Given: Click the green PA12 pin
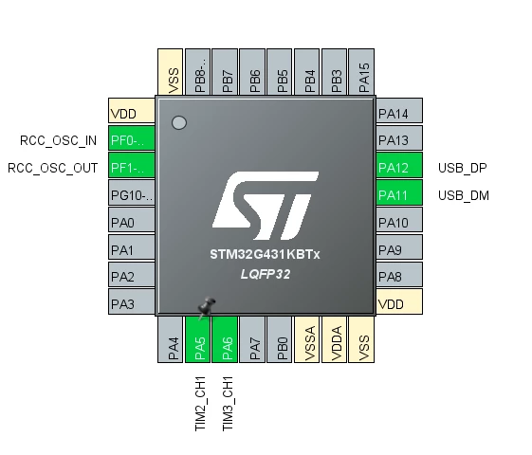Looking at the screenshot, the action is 399,165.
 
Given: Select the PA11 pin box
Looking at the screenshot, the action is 399,192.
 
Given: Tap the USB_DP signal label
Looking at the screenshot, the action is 463,168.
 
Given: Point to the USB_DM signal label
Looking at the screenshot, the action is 464,195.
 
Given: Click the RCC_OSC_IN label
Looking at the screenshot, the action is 59,140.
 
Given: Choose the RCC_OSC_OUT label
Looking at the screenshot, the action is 52,168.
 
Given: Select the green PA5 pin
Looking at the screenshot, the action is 197,339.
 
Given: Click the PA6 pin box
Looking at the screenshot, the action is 225,339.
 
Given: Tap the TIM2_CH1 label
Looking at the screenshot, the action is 200,404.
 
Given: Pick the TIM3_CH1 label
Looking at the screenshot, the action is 228,404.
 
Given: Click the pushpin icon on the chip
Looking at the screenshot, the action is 207,307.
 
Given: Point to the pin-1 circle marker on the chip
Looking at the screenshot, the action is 179,122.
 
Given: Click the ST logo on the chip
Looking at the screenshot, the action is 266,206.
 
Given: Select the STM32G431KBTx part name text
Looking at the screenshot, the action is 265,254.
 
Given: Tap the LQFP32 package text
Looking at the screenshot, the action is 266,274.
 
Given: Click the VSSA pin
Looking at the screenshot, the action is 306,339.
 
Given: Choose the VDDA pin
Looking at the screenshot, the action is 334,339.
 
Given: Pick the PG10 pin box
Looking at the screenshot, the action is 132,192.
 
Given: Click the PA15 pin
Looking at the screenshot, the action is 361,72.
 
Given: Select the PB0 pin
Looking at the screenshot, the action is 279,339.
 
